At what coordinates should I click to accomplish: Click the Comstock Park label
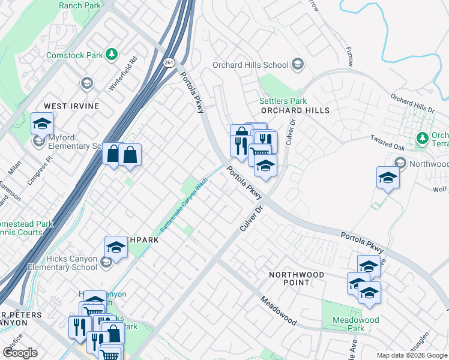click(x=75, y=55)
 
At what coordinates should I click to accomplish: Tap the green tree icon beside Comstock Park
click(x=111, y=55)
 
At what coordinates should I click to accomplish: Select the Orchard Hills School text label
click(x=252, y=65)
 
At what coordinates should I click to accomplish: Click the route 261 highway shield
click(x=169, y=62)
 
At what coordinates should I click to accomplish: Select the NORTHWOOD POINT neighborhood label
click(x=297, y=278)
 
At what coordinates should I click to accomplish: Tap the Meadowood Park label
click(x=356, y=324)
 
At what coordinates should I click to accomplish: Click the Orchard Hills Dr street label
click(x=412, y=102)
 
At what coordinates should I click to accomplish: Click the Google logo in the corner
click(x=20, y=352)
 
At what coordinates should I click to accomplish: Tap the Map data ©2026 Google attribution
click(x=412, y=355)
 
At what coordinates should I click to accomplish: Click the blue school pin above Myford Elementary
click(x=42, y=124)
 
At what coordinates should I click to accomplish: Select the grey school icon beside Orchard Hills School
click(x=297, y=65)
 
